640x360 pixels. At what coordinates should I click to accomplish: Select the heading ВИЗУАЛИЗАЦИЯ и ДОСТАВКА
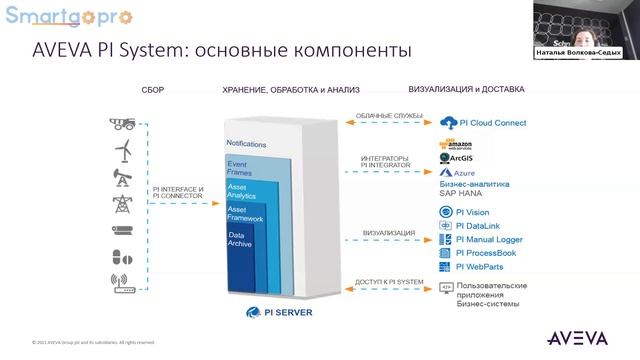[466, 89]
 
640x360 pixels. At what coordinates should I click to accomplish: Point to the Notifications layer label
[246, 144]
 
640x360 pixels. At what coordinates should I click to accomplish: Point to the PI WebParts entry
[479, 267]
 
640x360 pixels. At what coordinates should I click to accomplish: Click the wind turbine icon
[124, 151]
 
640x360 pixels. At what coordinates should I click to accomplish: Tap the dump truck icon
[124, 124]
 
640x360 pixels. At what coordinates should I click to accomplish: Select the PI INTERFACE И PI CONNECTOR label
[178, 193]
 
